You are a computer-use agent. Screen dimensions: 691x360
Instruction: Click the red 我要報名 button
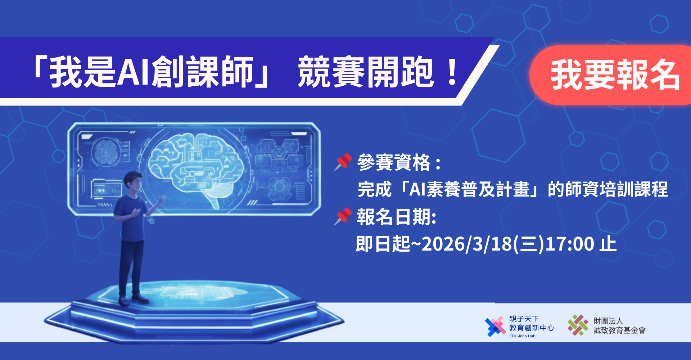coord(612,75)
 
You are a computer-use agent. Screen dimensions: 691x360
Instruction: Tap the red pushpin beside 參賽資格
coord(343,162)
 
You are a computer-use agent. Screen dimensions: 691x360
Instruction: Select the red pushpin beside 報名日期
coord(343,216)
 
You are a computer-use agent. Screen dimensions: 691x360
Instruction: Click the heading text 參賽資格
coord(394,162)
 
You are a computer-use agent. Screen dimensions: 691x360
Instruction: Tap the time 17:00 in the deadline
coord(570,244)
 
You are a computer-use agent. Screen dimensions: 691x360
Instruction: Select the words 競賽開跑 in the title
coord(366,72)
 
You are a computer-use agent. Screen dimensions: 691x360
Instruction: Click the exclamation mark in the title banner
coord(452,72)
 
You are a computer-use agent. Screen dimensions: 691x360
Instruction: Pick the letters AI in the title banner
coord(134,72)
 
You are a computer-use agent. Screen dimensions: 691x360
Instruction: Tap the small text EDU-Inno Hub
coord(522,336)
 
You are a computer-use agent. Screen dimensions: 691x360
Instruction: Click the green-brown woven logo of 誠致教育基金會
coord(578,325)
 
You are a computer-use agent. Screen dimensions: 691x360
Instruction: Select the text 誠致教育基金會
coord(619,330)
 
